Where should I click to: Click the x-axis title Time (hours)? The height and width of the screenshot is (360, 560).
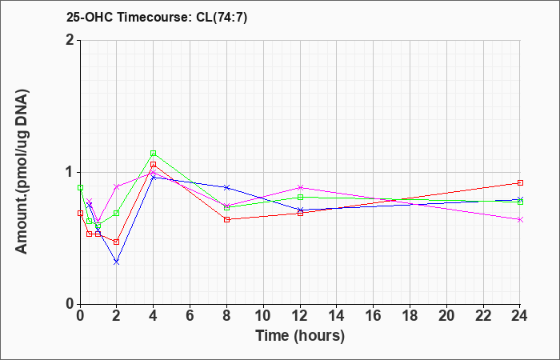click(x=300, y=335)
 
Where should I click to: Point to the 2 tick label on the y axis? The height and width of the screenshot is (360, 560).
click(x=70, y=40)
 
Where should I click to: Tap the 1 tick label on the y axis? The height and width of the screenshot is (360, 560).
click(x=70, y=172)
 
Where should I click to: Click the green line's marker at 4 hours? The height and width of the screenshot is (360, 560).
click(x=153, y=153)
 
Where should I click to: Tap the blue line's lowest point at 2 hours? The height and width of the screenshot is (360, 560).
click(x=116, y=262)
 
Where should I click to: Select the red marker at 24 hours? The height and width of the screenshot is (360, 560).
click(x=520, y=182)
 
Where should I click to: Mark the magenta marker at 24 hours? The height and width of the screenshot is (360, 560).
click(x=520, y=219)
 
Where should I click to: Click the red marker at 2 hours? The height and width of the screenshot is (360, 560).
click(x=116, y=242)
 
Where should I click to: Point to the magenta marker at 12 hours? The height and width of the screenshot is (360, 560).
click(x=300, y=187)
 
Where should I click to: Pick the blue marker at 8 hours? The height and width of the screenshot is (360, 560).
click(x=226, y=187)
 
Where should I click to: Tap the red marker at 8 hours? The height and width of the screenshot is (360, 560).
click(x=226, y=219)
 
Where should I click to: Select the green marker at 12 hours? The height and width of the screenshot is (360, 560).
click(x=300, y=197)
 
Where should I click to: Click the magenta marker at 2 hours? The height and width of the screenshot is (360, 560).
click(x=116, y=186)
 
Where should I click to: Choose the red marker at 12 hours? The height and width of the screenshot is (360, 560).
click(x=300, y=213)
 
